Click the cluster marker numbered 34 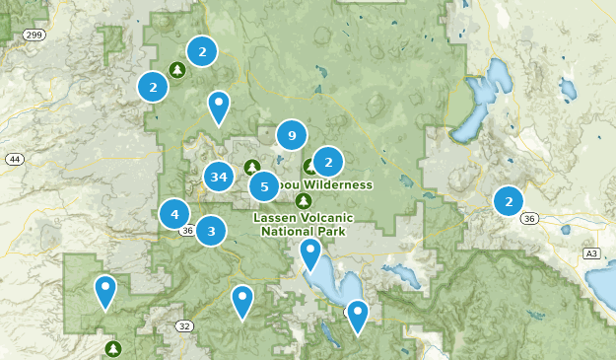tap(219, 178)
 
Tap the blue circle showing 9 tap(291, 136)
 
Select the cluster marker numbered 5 tap(263, 186)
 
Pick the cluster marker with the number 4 tap(174, 213)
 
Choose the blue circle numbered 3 tap(211, 231)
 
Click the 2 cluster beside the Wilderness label tap(327, 161)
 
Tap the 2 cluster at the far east tap(509, 201)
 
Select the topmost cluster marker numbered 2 tap(202, 51)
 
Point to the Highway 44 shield tap(14, 159)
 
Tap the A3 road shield tap(591, 253)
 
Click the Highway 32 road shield tap(184, 325)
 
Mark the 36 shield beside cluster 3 tap(187, 231)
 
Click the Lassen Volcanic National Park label tap(303, 225)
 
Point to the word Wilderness tap(339, 184)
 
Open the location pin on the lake tap(310, 254)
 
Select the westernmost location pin tap(104, 290)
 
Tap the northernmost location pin tap(219, 106)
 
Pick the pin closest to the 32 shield tap(242, 300)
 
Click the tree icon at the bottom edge tap(114, 348)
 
